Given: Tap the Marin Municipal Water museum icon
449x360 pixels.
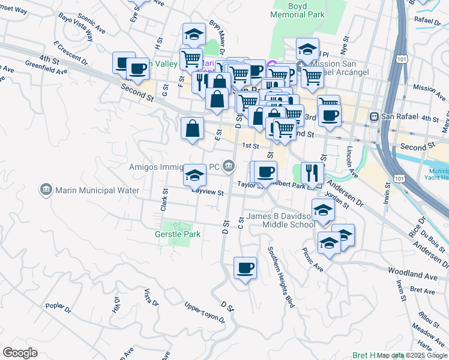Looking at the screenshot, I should [x=46, y=190].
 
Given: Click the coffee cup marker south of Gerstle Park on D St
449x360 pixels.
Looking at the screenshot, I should [x=244, y=268].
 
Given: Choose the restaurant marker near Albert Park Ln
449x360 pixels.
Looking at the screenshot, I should [x=312, y=173].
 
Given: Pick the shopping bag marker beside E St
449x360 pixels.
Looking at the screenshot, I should [x=192, y=128].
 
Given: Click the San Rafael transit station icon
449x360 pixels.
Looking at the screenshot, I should [x=373, y=116].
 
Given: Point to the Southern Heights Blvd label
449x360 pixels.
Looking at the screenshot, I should [x=282, y=277].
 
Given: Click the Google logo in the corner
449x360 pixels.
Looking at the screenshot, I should [x=20, y=353].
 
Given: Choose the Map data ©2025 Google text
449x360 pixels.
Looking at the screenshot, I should [x=412, y=355].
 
